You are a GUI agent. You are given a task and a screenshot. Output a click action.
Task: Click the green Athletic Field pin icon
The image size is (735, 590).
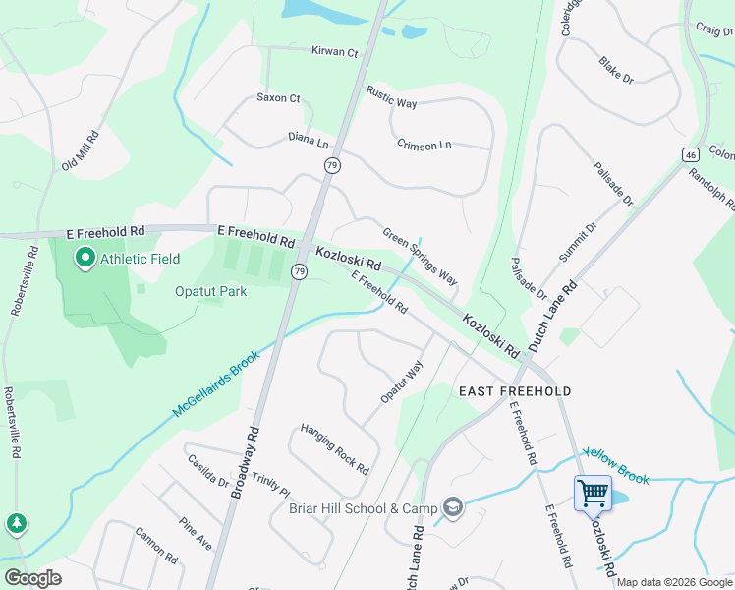85,259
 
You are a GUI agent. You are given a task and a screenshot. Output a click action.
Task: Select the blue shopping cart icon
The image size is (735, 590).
593,493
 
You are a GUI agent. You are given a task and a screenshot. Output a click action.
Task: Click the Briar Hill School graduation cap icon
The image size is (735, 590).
453,507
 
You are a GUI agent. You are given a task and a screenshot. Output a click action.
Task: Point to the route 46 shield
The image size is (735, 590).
692,154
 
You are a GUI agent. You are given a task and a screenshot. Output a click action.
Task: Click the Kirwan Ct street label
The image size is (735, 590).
334,51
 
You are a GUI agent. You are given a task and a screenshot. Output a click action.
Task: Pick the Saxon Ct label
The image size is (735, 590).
278,98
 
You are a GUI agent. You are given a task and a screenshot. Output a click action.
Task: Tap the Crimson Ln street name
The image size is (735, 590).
424,145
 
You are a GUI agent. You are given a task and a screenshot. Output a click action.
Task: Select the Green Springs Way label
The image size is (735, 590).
421,258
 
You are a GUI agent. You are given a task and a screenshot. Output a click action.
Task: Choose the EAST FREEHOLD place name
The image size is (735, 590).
515,391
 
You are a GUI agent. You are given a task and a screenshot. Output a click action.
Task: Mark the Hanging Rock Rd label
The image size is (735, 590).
334,447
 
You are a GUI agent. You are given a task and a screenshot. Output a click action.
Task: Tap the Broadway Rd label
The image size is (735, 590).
245,460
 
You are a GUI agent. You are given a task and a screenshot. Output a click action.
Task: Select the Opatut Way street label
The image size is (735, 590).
402,382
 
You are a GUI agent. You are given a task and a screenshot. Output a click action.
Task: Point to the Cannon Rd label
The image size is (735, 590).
156,545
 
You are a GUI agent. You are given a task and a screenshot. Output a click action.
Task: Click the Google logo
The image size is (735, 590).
32,578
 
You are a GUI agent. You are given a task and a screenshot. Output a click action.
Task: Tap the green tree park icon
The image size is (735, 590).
17,523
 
